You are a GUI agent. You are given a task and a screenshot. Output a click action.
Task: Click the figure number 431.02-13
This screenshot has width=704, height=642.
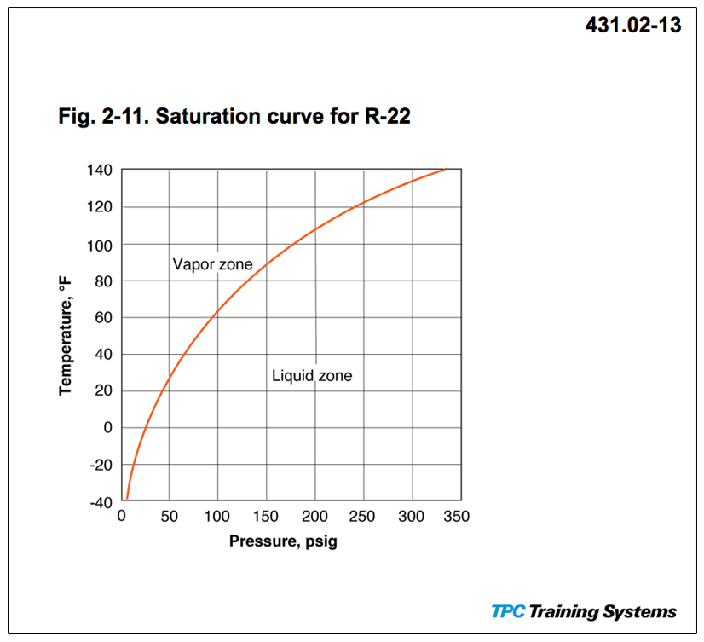pyautogui.click(x=632, y=26)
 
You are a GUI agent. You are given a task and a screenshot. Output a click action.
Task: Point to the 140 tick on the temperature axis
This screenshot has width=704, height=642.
pyautogui.click(x=101, y=171)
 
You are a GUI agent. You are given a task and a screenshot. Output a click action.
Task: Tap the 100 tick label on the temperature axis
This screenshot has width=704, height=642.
pyautogui.click(x=101, y=245)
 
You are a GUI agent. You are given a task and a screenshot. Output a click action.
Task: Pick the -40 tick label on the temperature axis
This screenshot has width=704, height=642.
pyautogui.click(x=101, y=502)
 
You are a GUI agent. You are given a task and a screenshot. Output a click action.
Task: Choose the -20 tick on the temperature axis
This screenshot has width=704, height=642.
pyautogui.click(x=101, y=466)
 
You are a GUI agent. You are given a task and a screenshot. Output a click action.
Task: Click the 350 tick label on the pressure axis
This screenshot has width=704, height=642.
pyautogui.click(x=458, y=517)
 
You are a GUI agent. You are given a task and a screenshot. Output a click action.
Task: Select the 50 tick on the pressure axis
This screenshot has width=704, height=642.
pyautogui.click(x=169, y=517)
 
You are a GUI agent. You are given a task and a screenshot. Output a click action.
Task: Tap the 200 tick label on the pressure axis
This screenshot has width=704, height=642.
pyautogui.click(x=315, y=517)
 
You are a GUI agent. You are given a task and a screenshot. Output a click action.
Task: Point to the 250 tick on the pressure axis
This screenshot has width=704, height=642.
pyautogui.click(x=364, y=517)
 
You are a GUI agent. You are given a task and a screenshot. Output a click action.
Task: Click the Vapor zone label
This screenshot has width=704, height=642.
pyautogui.click(x=212, y=264)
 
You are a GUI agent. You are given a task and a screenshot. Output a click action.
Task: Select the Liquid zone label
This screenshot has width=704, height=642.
pyautogui.click(x=312, y=375)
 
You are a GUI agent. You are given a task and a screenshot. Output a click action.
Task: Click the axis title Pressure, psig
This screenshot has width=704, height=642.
pyautogui.click(x=283, y=541)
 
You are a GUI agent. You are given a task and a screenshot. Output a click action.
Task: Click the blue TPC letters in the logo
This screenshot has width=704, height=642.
pyautogui.click(x=508, y=611)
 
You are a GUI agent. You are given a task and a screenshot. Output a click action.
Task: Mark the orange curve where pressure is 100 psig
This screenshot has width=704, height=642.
pyautogui.click(x=217, y=309)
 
